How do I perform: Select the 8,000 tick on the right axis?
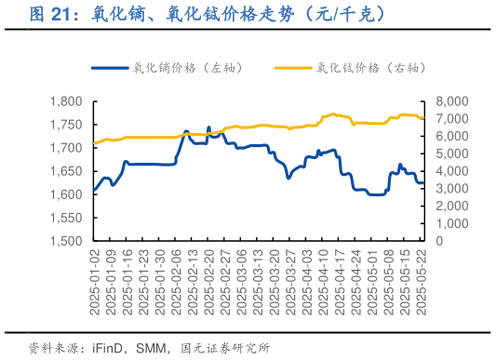(451, 101)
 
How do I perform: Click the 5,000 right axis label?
(451, 153)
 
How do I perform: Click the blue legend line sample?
(110, 68)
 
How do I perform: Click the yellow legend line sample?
(294, 68)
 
